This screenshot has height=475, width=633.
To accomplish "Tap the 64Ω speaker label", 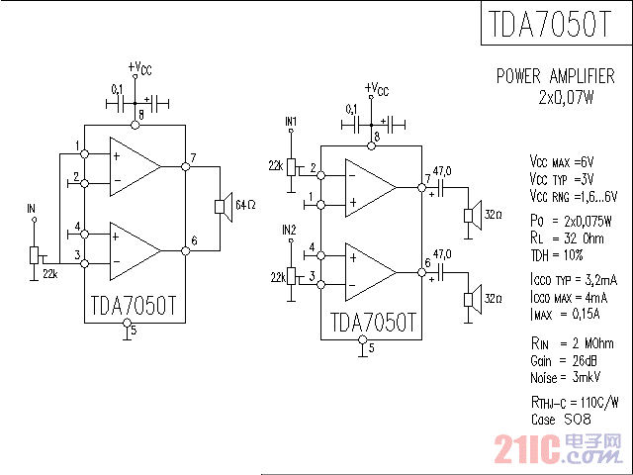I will click(x=245, y=205).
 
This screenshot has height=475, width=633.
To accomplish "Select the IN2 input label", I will click(x=289, y=230).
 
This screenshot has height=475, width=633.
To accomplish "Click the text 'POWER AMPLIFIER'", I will click(x=555, y=76).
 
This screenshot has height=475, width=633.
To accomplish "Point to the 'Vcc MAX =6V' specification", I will click(x=562, y=161).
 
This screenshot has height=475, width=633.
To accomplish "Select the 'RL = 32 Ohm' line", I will click(x=565, y=237).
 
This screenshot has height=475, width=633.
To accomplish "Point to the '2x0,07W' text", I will click(x=566, y=97).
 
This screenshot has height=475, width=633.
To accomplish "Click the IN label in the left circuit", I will click(x=32, y=209).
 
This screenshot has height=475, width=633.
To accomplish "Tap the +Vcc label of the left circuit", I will click(x=139, y=68).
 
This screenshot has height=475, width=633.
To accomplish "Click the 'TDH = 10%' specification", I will click(x=558, y=253).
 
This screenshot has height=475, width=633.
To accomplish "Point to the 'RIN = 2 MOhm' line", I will click(x=572, y=343).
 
